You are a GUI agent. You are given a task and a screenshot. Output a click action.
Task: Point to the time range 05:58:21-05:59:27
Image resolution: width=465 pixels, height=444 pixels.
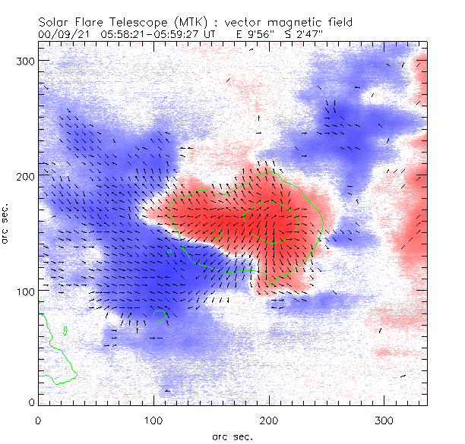(157, 34)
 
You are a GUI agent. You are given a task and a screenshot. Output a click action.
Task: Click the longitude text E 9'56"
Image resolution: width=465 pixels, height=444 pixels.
(250, 34)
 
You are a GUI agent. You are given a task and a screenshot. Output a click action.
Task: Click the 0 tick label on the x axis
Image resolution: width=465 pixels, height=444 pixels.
(39, 420)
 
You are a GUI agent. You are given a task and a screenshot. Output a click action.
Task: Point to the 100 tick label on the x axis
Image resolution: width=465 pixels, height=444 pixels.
(153, 420)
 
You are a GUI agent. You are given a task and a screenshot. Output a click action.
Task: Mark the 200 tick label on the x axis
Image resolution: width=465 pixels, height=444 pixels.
(269, 420)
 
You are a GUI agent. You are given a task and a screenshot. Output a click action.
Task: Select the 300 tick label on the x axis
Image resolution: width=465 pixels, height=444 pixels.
(384, 420)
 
